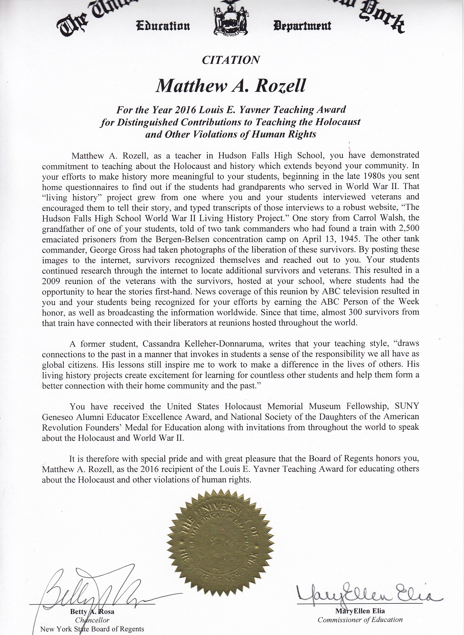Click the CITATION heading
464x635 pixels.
tap(231, 60)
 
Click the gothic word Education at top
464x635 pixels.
tap(163, 27)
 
